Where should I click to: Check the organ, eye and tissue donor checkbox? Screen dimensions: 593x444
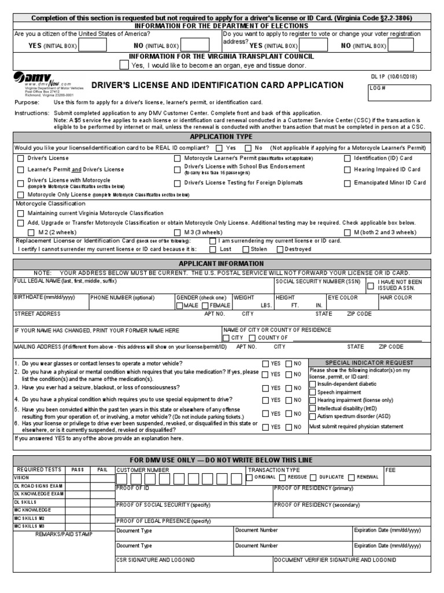pyautogui.click(x=124, y=65)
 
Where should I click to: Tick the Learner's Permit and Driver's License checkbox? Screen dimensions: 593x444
pyautogui.click(x=21, y=170)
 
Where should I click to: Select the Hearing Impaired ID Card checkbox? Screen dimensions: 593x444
pyautogui.click(x=347, y=170)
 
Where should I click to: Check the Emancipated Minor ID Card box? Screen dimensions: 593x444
pyautogui.click(x=347, y=183)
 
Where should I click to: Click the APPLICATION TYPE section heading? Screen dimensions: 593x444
pyautogui.click(x=221, y=137)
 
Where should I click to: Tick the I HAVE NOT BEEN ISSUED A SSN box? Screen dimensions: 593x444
pyautogui.click(x=370, y=285)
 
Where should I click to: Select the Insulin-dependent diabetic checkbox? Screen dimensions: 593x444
pyautogui.click(x=313, y=384)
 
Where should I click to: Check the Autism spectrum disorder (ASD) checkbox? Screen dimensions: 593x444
pyautogui.click(x=313, y=416)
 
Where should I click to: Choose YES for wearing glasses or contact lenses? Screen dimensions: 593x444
pyautogui.click(x=265, y=363)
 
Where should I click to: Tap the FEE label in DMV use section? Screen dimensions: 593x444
pyautogui.click(x=390, y=470)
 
